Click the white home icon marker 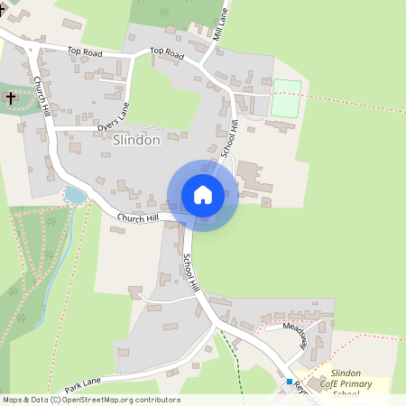(202, 195)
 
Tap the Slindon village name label (137, 141)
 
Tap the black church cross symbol (11, 97)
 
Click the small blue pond (74, 196)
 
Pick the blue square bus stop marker (290, 382)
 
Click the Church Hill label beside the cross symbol (42, 96)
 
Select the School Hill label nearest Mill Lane (230, 136)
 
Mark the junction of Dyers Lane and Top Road (133, 56)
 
